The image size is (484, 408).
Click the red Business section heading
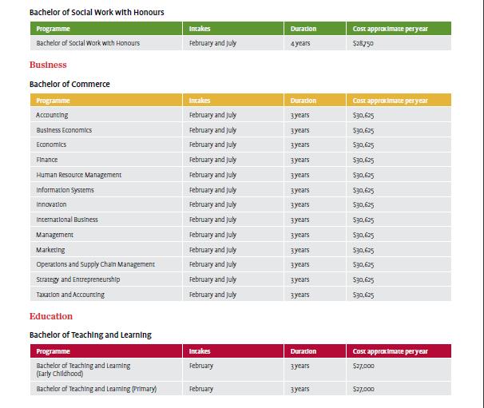click(x=48, y=65)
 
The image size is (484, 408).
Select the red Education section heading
click(x=51, y=316)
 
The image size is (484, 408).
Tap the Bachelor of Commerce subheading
click(x=69, y=85)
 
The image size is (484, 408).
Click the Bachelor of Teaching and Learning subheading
click(x=90, y=335)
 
